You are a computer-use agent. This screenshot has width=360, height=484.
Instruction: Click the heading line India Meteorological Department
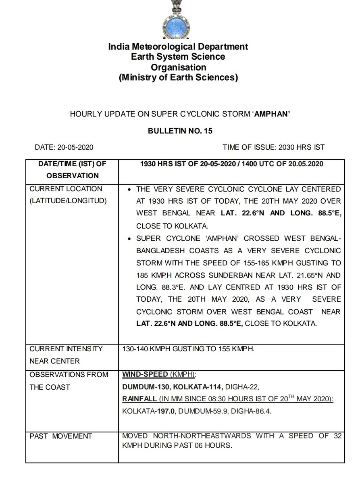tap(178, 47)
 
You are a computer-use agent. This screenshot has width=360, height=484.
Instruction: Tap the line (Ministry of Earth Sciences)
tap(178, 77)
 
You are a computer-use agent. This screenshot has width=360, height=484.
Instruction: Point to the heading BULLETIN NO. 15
tap(179, 131)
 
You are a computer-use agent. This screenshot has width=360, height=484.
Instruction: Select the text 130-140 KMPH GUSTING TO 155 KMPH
tap(188, 349)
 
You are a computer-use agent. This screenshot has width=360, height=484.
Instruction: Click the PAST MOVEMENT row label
tap(61, 436)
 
